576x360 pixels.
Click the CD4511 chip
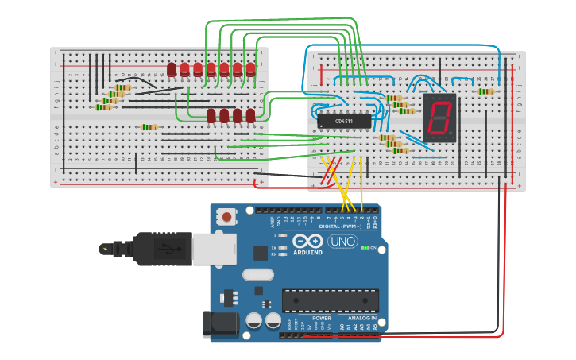coord(344,121)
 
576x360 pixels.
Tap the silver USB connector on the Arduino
coord(214,249)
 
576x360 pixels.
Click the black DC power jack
coord(220,323)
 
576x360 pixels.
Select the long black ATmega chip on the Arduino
coord(330,300)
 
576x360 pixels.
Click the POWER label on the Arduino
coord(322,318)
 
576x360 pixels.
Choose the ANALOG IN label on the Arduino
coord(361,318)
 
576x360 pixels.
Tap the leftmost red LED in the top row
coord(172,70)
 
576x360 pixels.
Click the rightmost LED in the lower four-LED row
coord(251,116)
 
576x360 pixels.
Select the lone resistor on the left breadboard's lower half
coord(149,126)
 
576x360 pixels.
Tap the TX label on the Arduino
coord(273,247)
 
